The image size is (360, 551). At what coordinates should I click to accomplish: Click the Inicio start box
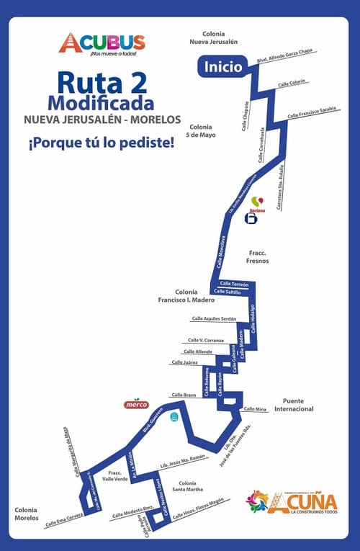click(x=222, y=67)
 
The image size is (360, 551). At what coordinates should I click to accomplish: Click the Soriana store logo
click(x=252, y=211)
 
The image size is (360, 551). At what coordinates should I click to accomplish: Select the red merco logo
click(x=136, y=404)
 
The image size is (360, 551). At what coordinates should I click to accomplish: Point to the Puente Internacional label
click(x=298, y=405)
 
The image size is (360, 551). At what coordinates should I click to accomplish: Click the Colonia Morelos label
click(x=30, y=513)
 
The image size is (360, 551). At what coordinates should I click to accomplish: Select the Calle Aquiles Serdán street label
click(x=214, y=318)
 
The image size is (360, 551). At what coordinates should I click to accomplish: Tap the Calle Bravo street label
click(x=184, y=395)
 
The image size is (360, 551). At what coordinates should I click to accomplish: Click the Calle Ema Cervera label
click(x=62, y=520)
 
